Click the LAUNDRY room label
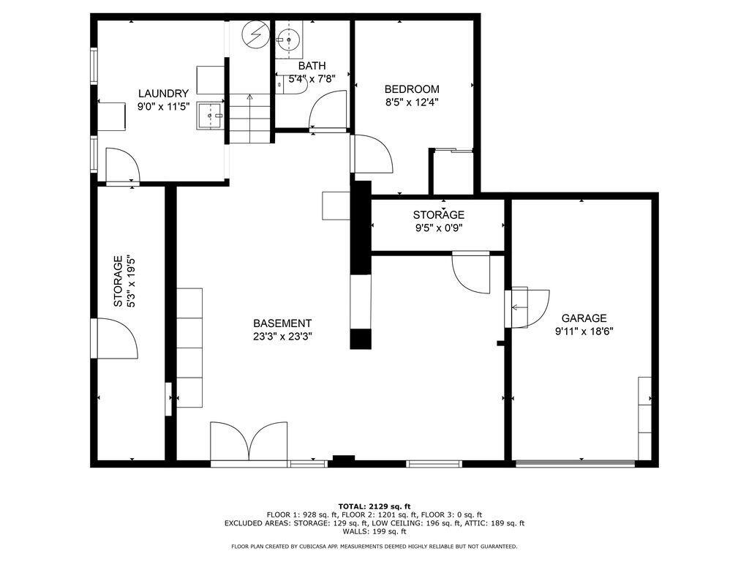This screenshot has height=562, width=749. pyautogui.click(x=163, y=94)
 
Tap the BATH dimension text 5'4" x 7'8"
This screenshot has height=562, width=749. pyautogui.click(x=312, y=78)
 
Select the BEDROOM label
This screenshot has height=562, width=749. pyautogui.click(x=412, y=89)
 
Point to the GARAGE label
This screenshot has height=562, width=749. pyautogui.click(x=584, y=318)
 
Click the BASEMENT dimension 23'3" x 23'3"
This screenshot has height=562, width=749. pyautogui.click(x=282, y=337)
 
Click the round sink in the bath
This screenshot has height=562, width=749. pyautogui.click(x=288, y=40)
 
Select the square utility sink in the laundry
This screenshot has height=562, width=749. pyautogui.click(x=210, y=115)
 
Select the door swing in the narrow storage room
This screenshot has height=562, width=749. pyautogui.click(x=118, y=338)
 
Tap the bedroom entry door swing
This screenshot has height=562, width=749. pyautogui.click(x=373, y=154)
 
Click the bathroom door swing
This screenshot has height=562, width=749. pyautogui.click(x=328, y=110)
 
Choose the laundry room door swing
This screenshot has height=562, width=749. pyautogui.click(x=122, y=165)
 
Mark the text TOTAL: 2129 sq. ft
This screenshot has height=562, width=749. pyautogui.click(x=374, y=506)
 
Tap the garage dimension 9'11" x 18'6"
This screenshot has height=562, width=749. pyautogui.click(x=584, y=331)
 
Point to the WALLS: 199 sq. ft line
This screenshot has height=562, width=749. pyautogui.click(x=374, y=531)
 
